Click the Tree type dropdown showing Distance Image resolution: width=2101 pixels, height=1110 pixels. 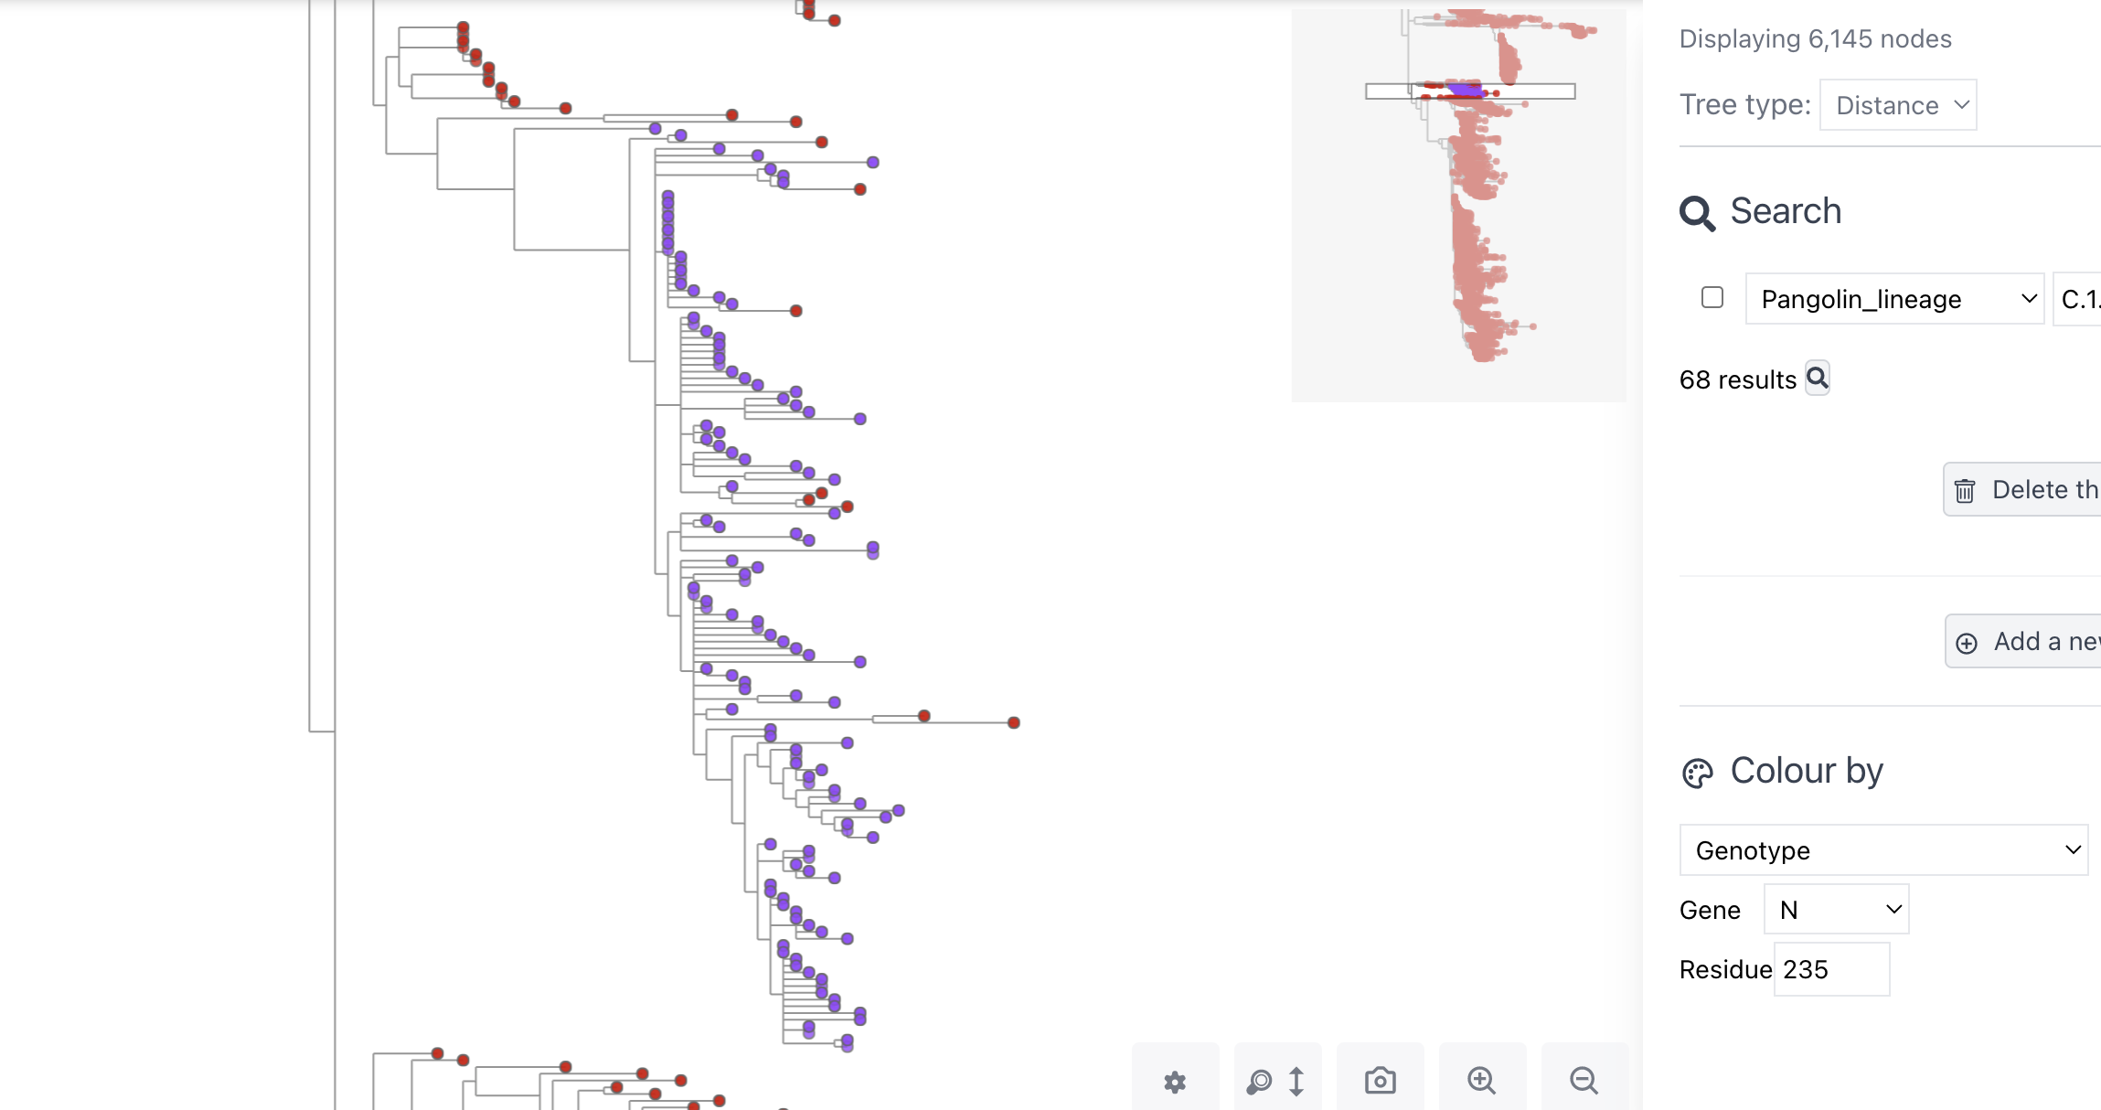[1898, 105]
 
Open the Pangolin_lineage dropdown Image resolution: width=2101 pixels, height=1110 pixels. [1894, 299]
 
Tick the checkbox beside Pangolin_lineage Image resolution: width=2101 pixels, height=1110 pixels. [1712, 298]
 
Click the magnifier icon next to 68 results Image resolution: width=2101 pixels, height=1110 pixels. [1818, 378]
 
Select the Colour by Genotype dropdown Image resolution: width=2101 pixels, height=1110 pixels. [1883, 850]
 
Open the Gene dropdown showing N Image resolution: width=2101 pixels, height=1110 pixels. [1836, 910]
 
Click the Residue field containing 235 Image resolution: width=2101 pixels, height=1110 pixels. [1831, 969]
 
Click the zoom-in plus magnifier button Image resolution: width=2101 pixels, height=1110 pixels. [1482, 1081]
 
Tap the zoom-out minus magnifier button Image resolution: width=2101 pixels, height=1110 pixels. [1584, 1081]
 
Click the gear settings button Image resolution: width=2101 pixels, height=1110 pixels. [1175, 1083]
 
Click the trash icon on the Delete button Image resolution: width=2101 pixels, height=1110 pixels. [1965, 491]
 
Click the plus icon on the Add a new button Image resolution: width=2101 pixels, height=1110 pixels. [1967, 643]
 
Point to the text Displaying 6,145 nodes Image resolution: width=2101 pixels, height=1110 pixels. [1815, 39]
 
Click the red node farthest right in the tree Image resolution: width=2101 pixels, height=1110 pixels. [1014, 723]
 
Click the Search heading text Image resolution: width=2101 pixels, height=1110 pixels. [1786, 211]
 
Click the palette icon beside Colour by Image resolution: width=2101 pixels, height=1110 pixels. [1698, 774]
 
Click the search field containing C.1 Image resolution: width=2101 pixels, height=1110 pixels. [2078, 299]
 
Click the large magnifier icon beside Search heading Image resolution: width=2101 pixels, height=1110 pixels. [1698, 213]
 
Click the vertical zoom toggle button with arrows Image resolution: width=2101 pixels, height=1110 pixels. [1277, 1082]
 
